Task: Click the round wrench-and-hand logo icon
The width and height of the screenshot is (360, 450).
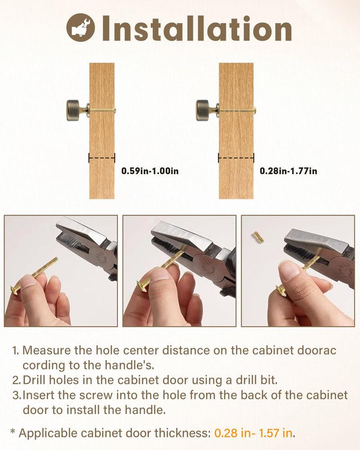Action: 81,27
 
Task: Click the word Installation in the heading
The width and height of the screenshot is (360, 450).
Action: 197,28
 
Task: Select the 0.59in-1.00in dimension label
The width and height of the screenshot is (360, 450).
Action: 150,171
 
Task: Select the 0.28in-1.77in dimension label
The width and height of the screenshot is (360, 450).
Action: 288,171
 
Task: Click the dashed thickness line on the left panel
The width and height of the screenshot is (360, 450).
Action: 102,158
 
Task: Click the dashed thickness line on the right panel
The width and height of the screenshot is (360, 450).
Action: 236,158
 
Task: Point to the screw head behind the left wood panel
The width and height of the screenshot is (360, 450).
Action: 115,110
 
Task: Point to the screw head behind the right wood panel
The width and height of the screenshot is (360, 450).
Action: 255,110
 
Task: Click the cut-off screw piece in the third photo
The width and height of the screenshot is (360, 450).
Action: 259,237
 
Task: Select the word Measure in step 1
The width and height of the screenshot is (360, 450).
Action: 46,351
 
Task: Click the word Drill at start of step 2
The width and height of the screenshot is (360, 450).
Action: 34,380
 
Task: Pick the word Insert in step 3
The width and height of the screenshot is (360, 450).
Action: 38,395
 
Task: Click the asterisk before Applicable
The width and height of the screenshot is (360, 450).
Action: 13,432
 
